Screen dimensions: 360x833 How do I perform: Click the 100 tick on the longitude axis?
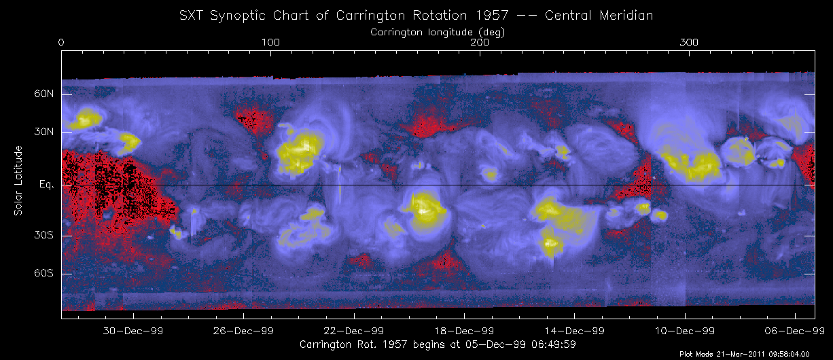click(x=271, y=43)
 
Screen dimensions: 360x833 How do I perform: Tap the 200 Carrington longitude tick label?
click(x=480, y=43)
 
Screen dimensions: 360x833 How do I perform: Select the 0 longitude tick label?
click(x=62, y=43)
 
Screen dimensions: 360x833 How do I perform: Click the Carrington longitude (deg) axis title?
click(x=438, y=32)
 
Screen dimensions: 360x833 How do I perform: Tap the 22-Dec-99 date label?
click(x=354, y=331)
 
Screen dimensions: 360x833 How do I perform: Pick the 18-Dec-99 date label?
click(x=464, y=331)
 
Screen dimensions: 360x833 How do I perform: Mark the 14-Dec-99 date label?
click(x=574, y=331)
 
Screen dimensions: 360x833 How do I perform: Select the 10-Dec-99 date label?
click(x=684, y=331)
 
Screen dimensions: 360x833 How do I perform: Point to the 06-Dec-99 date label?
click(x=794, y=331)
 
